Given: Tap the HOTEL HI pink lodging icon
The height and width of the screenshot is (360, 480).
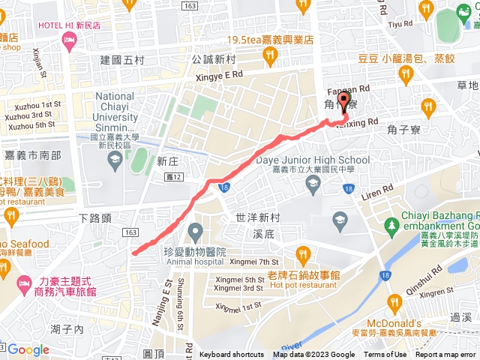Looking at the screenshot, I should pyautogui.click(x=70, y=46).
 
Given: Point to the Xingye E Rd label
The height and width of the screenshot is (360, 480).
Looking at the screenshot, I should pyautogui.click(x=217, y=75).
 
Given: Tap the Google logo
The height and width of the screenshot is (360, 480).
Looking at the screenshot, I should pyautogui.click(x=28, y=349).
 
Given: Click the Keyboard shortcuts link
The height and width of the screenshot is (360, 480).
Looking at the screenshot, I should pyautogui.click(x=232, y=355).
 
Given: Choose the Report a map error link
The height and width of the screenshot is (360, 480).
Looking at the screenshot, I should pyautogui.click(x=445, y=355).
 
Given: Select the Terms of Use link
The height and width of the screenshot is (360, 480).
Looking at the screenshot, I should pyautogui.click(x=385, y=355).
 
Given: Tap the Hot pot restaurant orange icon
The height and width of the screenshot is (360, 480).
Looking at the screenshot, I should pyautogui.click(x=302, y=252).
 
